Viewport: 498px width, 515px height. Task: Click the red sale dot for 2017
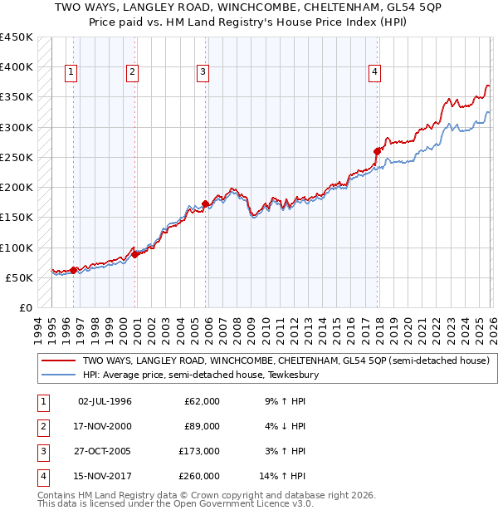coord(378,151)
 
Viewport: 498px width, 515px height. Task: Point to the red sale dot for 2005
coord(206,204)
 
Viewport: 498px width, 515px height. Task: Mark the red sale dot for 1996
coord(74,270)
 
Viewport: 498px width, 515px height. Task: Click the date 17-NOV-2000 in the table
coord(104,426)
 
